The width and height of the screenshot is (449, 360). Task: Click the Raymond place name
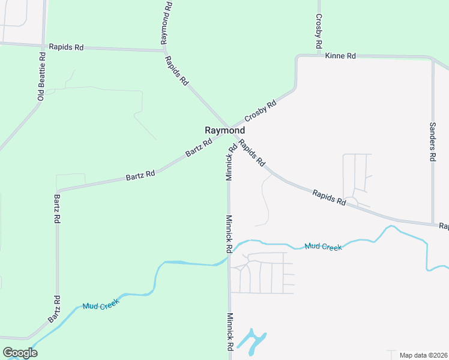click(x=225, y=130)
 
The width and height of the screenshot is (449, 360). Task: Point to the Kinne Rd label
click(x=340, y=56)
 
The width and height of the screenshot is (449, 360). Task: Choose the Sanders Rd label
click(x=432, y=142)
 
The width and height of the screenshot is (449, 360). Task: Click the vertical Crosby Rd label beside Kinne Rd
click(x=319, y=32)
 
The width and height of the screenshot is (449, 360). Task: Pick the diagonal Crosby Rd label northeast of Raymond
click(x=261, y=112)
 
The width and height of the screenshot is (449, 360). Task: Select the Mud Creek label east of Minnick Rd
click(x=323, y=247)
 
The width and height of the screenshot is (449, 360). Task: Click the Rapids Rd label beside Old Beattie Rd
click(x=66, y=47)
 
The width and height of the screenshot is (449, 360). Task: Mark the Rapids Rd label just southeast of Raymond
click(x=252, y=152)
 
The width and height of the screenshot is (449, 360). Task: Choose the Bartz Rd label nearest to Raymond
click(x=199, y=148)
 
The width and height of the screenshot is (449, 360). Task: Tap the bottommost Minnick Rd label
click(x=230, y=332)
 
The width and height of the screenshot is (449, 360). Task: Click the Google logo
click(x=20, y=353)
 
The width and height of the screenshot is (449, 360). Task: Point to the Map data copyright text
click(x=424, y=355)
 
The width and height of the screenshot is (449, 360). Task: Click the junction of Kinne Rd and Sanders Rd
click(x=432, y=59)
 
